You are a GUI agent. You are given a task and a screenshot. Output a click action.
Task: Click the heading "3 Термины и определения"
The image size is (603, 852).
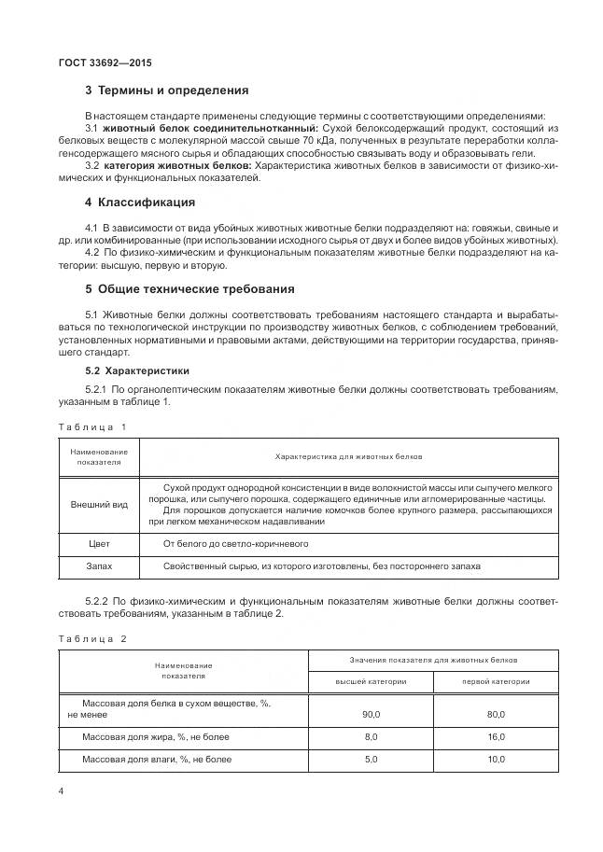click(x=166, y=91)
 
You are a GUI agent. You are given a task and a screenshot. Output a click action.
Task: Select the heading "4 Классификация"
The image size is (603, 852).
click(x=139, y=202)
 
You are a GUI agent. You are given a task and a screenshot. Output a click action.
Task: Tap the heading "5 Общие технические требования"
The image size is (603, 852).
click(x=189, y=288)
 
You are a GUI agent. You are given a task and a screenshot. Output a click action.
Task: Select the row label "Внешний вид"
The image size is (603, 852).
click(x=99, y=504)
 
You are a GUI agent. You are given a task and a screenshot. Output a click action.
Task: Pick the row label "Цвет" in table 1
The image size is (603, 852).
click(x=99, y=543)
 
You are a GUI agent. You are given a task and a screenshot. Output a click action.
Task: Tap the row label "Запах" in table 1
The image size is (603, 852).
click(x=99, y=566)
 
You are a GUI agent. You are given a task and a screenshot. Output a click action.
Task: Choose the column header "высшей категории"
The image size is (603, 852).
click(x=371, y=681)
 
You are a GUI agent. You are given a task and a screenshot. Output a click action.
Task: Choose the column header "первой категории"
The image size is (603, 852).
click(x=496, y=681)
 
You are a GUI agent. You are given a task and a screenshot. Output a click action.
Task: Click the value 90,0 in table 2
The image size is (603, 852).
click(x=371, y=714)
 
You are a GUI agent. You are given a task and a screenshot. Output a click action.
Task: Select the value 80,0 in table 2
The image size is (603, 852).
click(x=496, y=714)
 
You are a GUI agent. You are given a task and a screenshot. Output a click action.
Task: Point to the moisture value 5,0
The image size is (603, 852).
click(x=371, y=760)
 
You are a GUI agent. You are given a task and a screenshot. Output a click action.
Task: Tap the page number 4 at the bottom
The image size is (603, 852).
click(x=61, y=791)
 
